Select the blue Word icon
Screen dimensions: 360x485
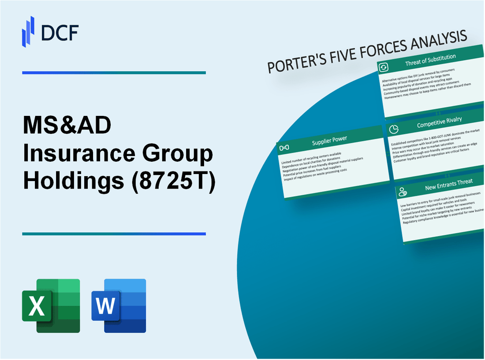[x=119, y=305]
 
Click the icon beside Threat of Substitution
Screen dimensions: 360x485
[x=384, y=67]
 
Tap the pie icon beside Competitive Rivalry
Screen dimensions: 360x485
[x=395, y=129]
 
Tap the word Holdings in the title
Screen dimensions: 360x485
[x=73, y=182]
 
